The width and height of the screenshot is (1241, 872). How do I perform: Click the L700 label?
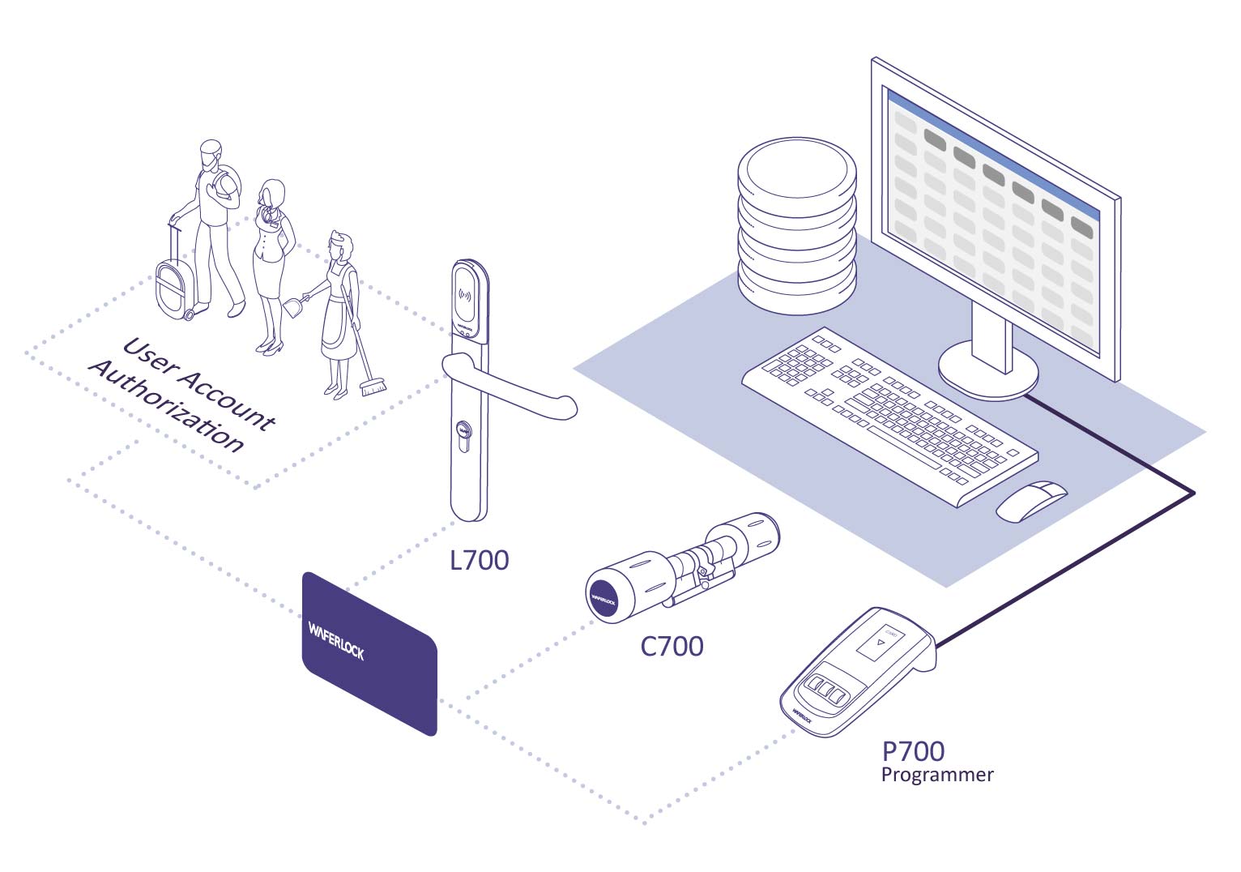(x=479, y=560)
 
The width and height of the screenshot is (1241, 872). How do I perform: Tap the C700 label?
(x=672, y=646)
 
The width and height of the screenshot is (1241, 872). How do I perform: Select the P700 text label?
(x=913, y=751)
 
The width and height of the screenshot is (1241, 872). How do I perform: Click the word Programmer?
(x=936, y=775)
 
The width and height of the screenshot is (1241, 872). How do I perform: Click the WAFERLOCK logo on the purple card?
(x=336, y=639)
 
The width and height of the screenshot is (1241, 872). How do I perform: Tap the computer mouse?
(x=1031, y=500)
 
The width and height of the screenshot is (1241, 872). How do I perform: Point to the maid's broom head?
(x=373, y=387)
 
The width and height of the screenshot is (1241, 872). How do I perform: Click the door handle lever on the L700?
(x=518, y=389)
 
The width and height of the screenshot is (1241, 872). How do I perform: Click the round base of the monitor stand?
(x=987, y=369)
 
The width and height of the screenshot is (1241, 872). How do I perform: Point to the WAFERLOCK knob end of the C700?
(x=603, y=599)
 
